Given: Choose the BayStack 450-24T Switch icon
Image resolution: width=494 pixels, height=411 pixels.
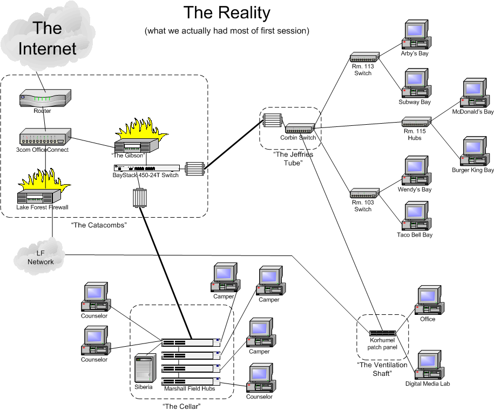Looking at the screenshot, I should pyautogui.click(x=146, y=168).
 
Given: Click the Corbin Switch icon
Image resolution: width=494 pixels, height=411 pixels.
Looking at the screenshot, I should pyautogui.click(x=300, y=129).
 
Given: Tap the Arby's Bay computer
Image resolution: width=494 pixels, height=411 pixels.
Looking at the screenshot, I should pyautogui.click(x=415, y=36).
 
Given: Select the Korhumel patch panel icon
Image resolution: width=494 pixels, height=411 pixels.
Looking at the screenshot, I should pyautogui.click(x=383, y=333).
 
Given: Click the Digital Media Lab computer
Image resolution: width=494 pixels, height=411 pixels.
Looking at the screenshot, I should pyautogui.click(x=429, y=366).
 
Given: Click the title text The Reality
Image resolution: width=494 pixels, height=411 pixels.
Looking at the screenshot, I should pyautogui.click(x=227, y=12).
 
